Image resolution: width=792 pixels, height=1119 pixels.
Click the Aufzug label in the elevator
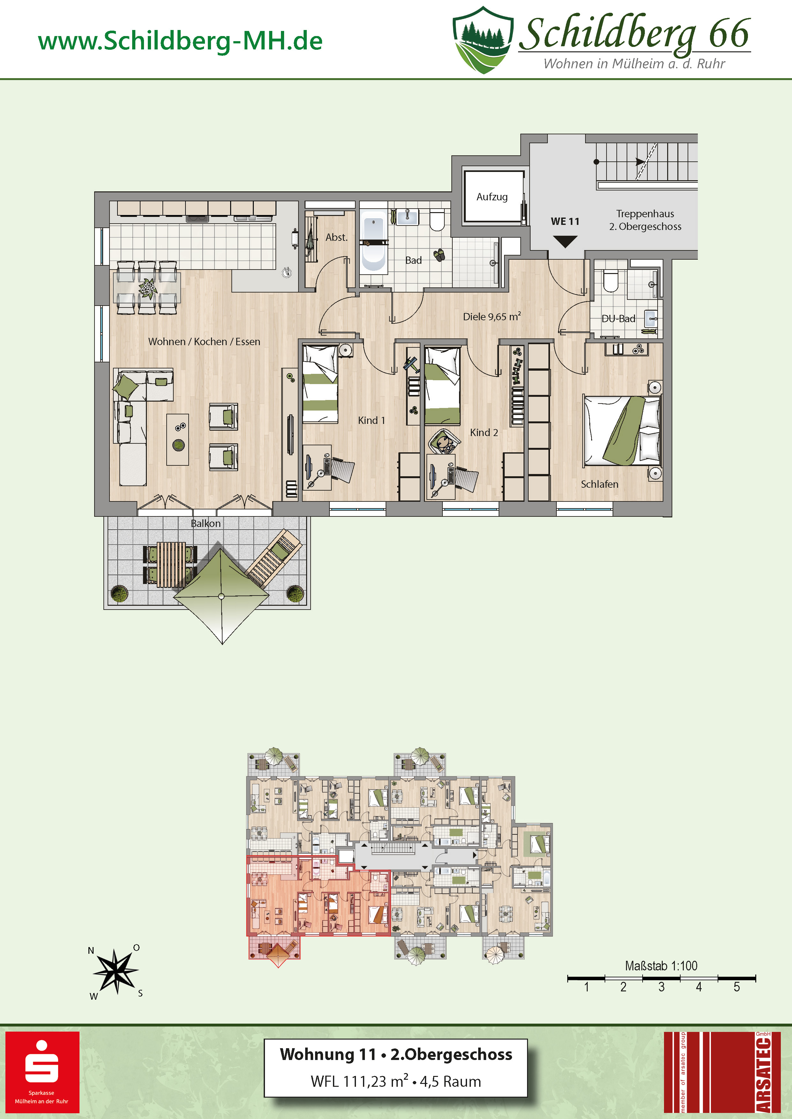pyautogui.click(x=492, y=197)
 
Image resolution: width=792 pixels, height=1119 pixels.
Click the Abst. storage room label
pyautogui.click(x=336, y=237)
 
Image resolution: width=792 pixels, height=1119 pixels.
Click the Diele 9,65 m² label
pyautogui.click(x=492, y=316)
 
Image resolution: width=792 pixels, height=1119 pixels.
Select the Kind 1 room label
pyautogui.click(x=371, y=420)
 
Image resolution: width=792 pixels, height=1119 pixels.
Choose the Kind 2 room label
pyautogui.click(x=484, y=432)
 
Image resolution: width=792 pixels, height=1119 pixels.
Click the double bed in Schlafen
pyautogui.click(x=622, y=430)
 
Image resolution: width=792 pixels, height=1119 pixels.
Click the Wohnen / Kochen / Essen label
pyautogui.click(x=204, y=342)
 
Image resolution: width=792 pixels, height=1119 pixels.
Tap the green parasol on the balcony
pyautogui.click(x=222, y=596)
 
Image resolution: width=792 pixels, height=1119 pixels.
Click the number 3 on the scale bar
pyautogui.click(x=661, y=987)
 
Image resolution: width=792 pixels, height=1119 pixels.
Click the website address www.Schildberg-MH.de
pyautogui.click(x=180, y=41)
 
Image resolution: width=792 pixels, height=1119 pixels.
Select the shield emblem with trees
pyautogui.click(x=483, y=40)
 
